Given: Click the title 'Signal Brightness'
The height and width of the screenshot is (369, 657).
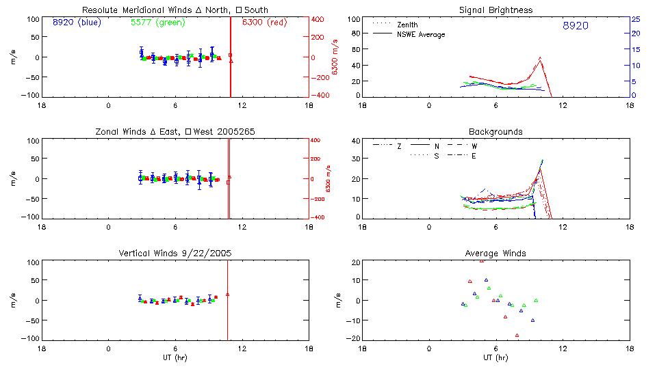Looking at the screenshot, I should [495, 10].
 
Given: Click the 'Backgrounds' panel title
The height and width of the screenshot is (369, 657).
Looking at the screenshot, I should [495, 131].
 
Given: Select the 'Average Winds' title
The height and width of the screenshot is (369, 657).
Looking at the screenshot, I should [495, 253].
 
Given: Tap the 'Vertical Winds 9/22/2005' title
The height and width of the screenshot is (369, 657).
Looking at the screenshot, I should [175, 253].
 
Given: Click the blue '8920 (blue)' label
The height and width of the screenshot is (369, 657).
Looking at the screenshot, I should [76, 22].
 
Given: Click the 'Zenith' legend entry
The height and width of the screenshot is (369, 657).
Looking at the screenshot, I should [407, 25].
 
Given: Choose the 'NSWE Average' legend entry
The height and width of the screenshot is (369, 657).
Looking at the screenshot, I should [420, 34].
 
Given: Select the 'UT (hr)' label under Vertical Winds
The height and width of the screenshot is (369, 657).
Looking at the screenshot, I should [175, 357].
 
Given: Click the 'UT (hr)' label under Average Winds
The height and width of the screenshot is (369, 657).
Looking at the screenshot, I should [495, 357].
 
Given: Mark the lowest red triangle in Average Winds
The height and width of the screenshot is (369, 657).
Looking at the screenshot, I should [517, 335].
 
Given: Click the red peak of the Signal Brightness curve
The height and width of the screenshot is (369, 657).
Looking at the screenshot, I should [541, 58].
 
